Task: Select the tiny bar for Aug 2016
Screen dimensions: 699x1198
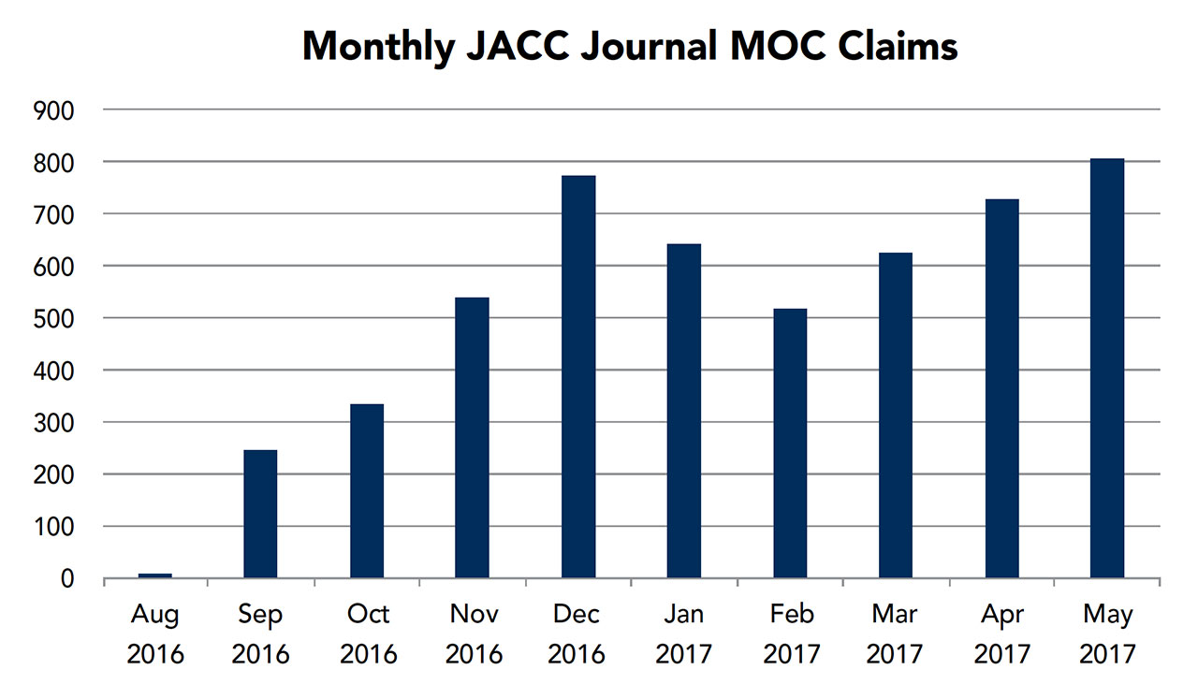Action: (x=154, y=575)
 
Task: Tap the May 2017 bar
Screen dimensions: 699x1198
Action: (x=1107, y=369)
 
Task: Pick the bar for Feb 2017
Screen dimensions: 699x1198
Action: (x=790, y=444)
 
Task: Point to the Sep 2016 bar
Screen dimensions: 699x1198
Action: (x=260, y=515)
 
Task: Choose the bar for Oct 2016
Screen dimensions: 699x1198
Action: (x=366, y=491)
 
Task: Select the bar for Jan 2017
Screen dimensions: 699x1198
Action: (x=684, y=412)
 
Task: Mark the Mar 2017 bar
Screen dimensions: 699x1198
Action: (x=896, y=416)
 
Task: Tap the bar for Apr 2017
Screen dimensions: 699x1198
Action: (x=1001, y=389)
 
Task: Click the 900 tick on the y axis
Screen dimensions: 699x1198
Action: (x=55, y=110)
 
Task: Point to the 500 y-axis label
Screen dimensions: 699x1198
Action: (x=55, y=319)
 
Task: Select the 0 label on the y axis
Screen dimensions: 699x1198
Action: (x=66, y=580)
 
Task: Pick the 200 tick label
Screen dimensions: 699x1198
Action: (x=55, y=475)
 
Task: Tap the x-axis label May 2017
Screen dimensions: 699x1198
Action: (x=1107, y=633)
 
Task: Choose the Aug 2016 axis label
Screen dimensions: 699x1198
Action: (x=154, y=633)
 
